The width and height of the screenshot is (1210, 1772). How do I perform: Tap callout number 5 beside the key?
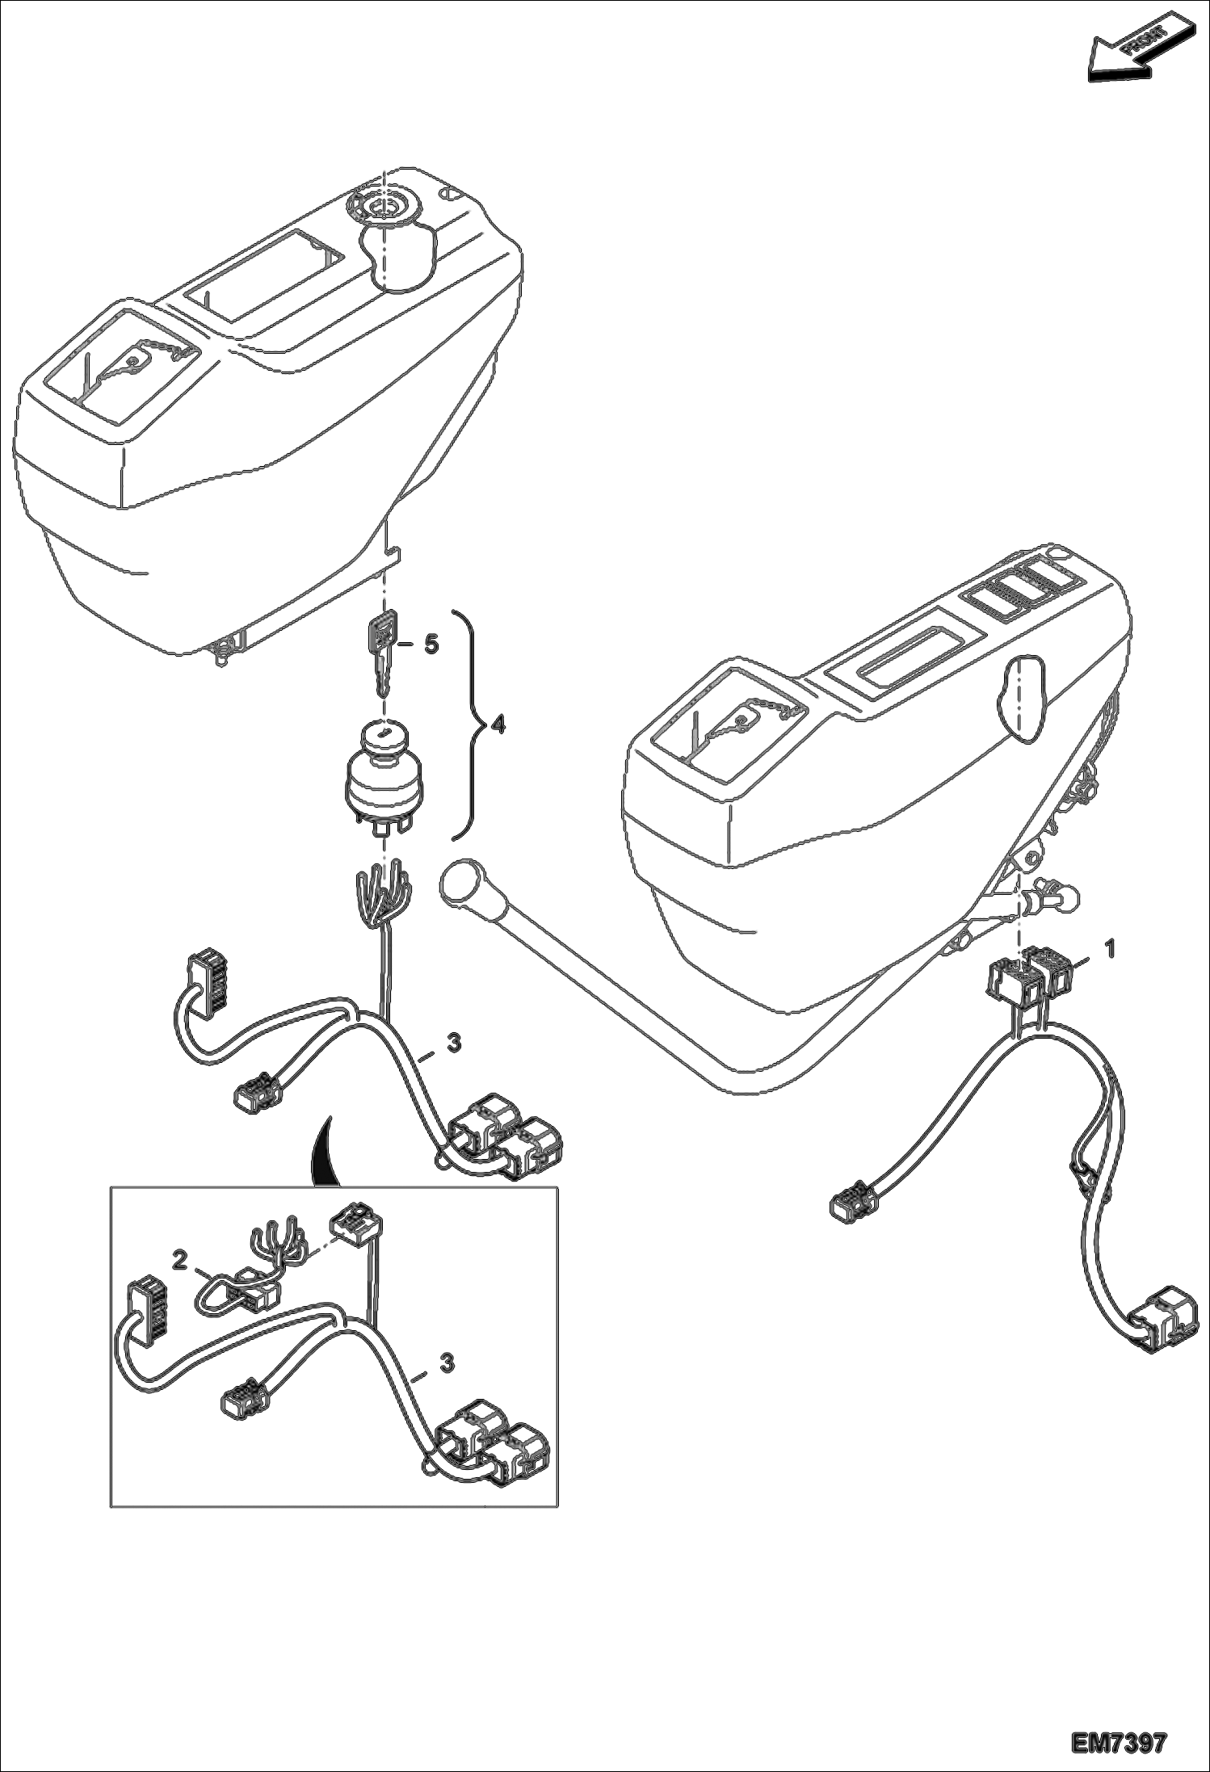(431, 644)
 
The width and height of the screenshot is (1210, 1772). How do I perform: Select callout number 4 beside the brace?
(498, 725)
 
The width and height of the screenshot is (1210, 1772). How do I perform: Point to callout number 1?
(1110, 948)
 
